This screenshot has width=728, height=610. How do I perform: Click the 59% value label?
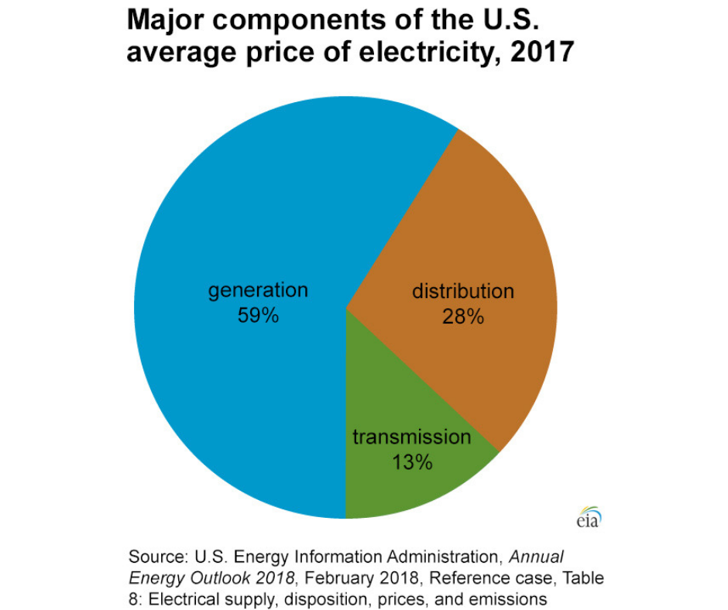pos(258,316)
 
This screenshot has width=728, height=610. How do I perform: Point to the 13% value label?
pos(411,462)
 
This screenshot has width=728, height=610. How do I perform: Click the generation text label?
pos(258,291)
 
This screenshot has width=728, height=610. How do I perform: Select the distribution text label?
pos(462,292)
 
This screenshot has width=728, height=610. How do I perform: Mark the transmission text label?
pos(411,437)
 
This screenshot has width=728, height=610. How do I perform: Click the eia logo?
pos(589,518)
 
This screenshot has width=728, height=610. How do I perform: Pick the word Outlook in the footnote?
pos(205,578)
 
